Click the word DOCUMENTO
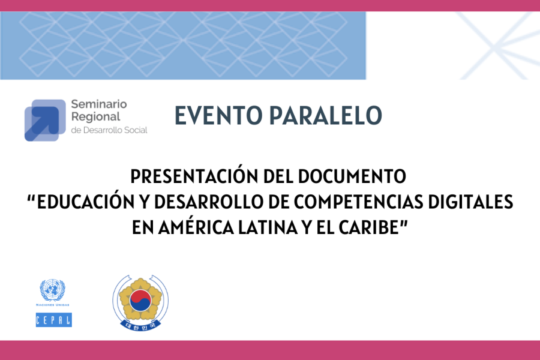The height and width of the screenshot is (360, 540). (x=352, y=176)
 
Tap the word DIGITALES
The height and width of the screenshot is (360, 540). (x=471, y=202)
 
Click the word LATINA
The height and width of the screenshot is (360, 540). (x=268, y=227)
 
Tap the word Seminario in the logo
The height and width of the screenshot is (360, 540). (x=99, y=104)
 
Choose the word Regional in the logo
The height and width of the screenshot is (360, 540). (x=96, y=117)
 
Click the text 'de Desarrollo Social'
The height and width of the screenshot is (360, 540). (x=109, y=130)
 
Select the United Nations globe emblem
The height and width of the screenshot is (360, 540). (x=52, y=290)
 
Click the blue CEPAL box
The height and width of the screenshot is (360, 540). (x=54, y=320)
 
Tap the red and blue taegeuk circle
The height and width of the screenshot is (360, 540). (x=140, y=300)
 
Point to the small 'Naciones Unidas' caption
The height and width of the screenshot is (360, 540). (x=53, y=305)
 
